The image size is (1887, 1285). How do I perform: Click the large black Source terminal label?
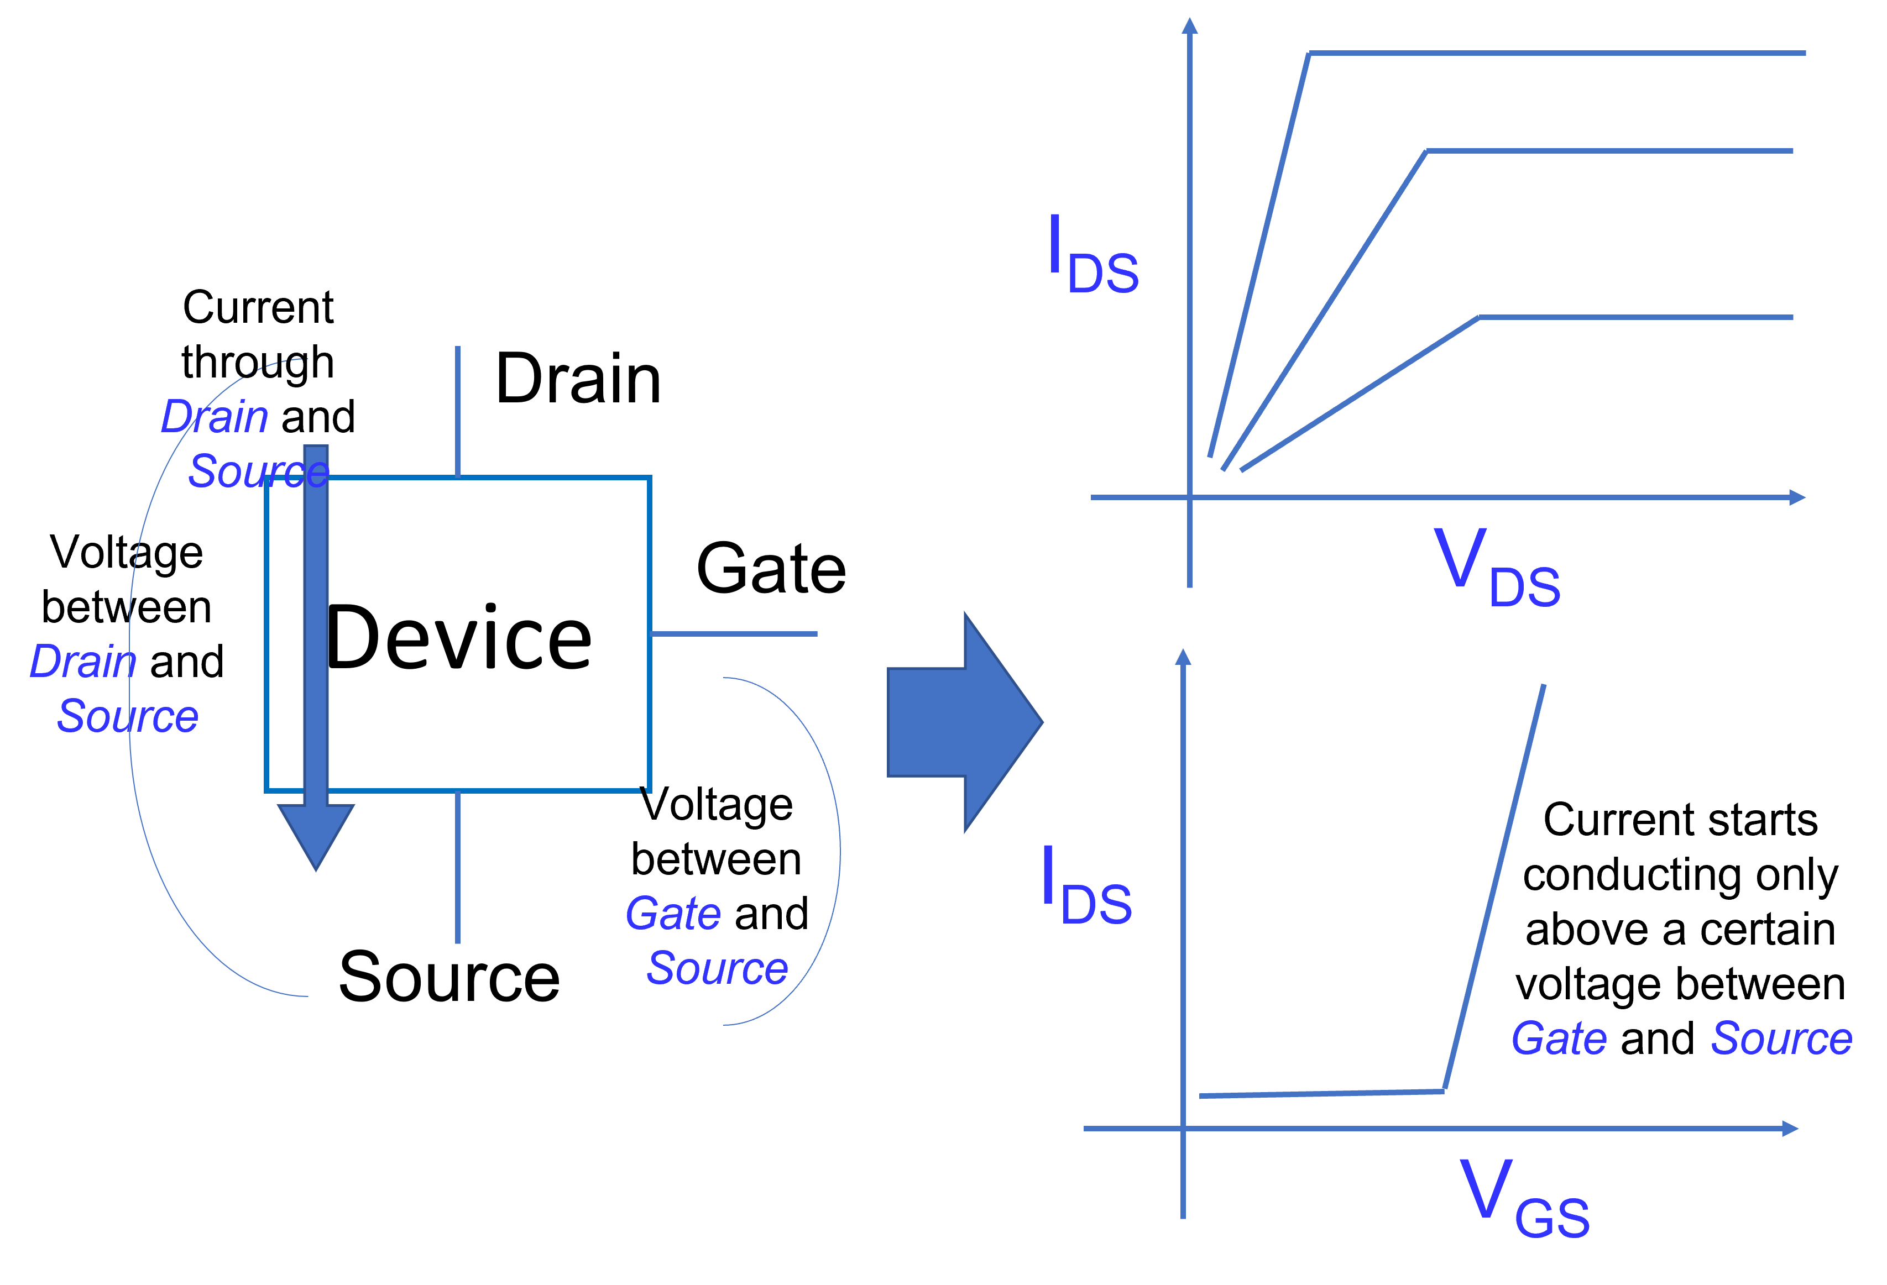(449, 977)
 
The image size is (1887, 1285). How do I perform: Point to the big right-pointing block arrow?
(965, 722)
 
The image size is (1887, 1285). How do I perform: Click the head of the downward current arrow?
(316, 836)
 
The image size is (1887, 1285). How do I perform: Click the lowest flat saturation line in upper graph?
(1636, 317)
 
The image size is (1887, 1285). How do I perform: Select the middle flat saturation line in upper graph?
(1609, 151)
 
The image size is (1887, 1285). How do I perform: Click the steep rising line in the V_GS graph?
(1494, 887)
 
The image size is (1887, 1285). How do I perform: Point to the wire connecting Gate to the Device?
(734, 634)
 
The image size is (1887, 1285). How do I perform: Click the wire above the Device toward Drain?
(458, 412)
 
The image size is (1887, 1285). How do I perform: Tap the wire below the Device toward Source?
(458, 867)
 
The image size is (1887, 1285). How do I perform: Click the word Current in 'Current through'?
(258, 307)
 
